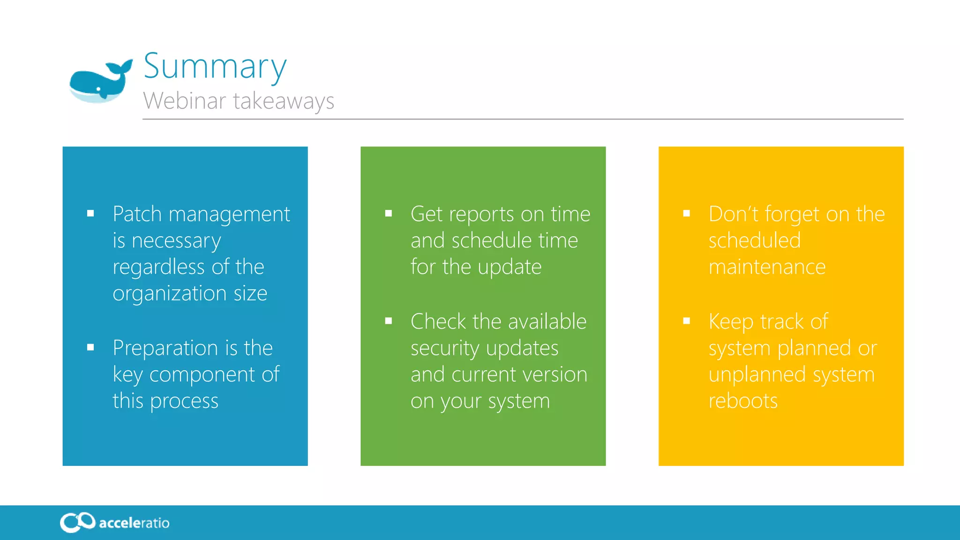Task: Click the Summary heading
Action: click(215, 67)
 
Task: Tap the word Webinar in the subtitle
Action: click(184, 101)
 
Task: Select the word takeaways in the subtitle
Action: click(284, 101)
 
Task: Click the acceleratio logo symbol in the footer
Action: click(77, 522)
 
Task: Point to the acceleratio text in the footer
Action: click(134, 523)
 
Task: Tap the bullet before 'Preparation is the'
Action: click(90, 347)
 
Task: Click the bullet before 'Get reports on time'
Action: click(389, 214)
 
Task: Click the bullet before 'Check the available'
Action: click(389, 321)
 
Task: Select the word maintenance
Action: click(767, 267)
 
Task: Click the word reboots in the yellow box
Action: click(743, 401)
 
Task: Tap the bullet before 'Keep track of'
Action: click(687, 321)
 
